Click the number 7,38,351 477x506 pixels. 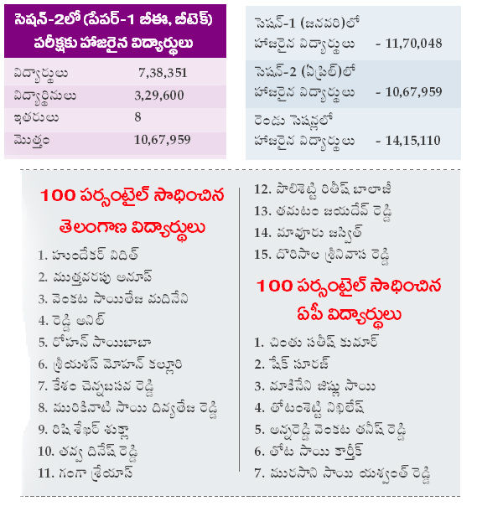pos(163,73)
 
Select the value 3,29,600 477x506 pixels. pos(159,96)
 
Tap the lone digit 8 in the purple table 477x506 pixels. pos(137,116)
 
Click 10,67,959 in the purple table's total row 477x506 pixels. pos(162,140)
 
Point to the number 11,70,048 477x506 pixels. pos(413,44)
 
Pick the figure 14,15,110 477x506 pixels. pos(412,141)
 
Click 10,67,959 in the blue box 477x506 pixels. pos(413,92)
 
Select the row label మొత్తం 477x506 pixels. pos(32,141)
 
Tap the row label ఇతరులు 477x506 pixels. pos(36,117)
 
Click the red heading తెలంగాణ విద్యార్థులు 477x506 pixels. pos(132,229)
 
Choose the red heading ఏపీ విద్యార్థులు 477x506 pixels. pos(349,315)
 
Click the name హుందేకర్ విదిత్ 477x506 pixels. pos(96,255)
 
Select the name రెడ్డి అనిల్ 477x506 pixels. pos(78,321)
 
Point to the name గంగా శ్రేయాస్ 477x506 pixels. pos(96,473)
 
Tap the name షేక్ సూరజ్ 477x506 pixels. pos(300,364)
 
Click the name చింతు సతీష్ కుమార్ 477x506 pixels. pos(324,342)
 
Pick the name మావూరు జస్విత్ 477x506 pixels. pos(319,233)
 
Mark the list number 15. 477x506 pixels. pos(262,255)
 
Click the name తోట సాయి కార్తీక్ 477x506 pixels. pos(317,452)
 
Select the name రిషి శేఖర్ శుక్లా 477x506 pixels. pos(91,430)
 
